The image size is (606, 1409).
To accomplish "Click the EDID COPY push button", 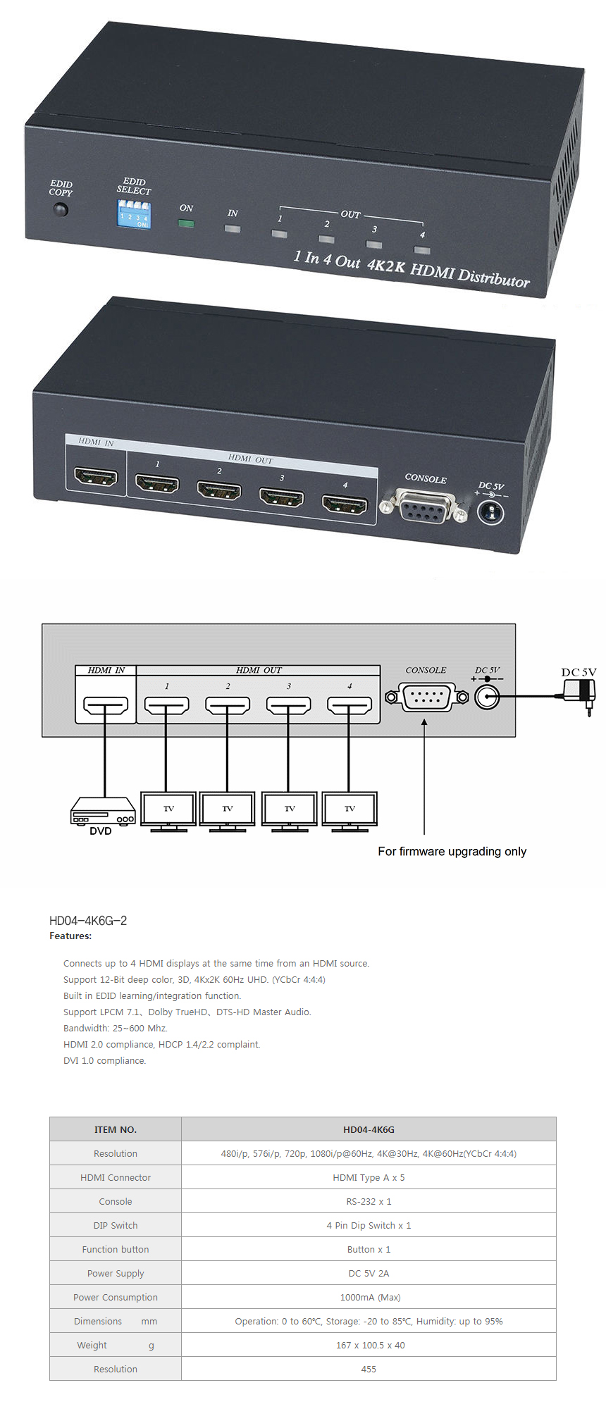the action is pyautogui.click(x=61, y=209).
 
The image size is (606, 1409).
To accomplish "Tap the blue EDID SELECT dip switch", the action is pyautogui.click(x=134, y=213).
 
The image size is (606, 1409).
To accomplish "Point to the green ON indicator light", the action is pyautogui.click(x=186, y=224).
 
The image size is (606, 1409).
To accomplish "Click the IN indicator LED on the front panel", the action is pyautogui.click(x=233, y=228).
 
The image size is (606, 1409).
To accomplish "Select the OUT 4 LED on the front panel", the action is pyautogui.click(x=422, y=249).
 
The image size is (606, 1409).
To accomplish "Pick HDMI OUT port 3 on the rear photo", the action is pyautogui.click(x=282, y=497).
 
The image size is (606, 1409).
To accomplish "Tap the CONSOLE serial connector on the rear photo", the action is pyautogui.click(x=424, y=506).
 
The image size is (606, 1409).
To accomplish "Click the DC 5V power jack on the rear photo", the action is pyautogui.click(x=491, y=511).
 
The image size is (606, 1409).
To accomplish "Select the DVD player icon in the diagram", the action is pyautogui.click(x=103, y=811).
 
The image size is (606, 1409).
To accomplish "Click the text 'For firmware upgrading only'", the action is pyautogui.click(x=452, y=851).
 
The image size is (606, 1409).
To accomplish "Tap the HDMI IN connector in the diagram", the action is pyautogui.click(x=106, y=704).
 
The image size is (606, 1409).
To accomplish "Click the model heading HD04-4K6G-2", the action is pyautogui.click(x=88, y=921).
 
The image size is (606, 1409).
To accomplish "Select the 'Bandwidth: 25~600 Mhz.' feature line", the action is pyautogui.click(x=116, y=1029).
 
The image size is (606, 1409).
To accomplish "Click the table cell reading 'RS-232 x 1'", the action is pyautogui.click(x=369, y=1202).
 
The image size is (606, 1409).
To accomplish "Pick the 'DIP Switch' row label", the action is pyautogui.click(x=116, y=1226).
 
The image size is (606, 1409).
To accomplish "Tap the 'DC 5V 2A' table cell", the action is pyautogui.click(x=369, y=1274).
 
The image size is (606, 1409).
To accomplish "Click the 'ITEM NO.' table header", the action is pyautogui.click(x=116, y=1130).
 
